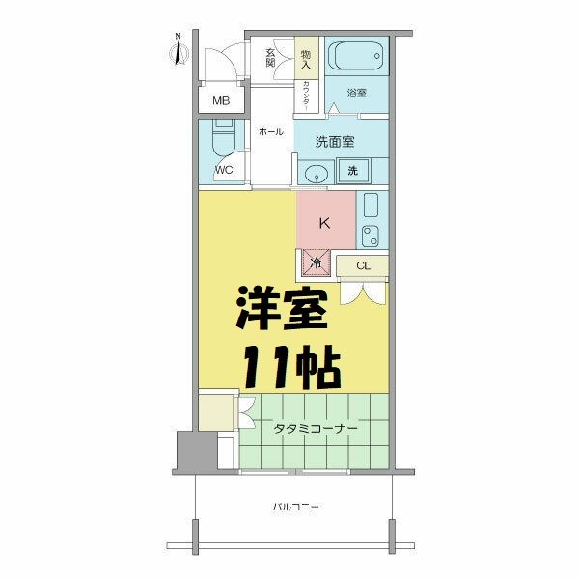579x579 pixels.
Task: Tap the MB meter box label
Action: (221, 101)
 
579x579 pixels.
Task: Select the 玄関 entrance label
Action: (271, 58)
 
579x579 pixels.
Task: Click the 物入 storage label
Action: (306, 60)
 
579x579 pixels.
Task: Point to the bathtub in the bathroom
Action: (357, 55)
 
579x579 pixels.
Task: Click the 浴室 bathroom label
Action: (357, 93)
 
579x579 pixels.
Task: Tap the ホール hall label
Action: (270, 132)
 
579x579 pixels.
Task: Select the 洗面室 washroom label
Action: (335, 141)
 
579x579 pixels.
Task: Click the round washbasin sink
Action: (315, 175)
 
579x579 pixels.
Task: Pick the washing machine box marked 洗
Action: (352, 172)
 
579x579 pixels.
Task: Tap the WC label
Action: (224, 172)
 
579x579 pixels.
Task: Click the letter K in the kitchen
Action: (325, 223)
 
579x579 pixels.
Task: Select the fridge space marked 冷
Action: (316, 261)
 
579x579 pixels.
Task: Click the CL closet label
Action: (363, 265)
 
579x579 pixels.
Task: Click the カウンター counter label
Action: (306, 97)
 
